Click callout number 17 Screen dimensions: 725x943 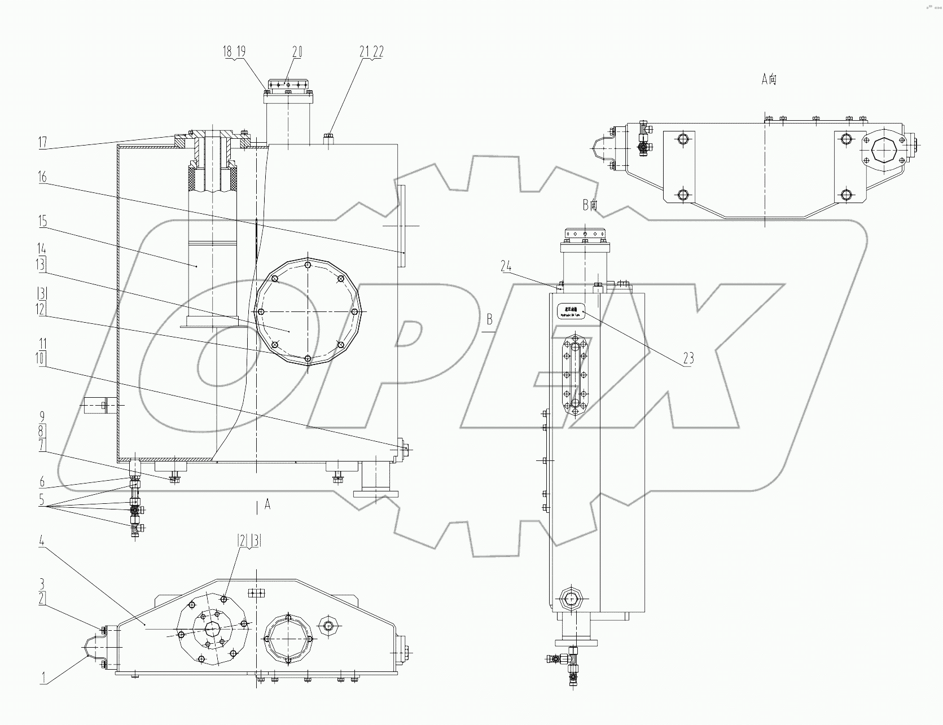(x=42, y=142)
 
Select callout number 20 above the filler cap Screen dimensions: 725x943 (x=297, y=52)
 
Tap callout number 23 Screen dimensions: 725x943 (x=688, y=358)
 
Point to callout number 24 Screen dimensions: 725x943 (x=506, y=266)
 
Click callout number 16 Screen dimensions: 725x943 (x=42, y=178)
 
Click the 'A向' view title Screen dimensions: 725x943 (x=769, y=80)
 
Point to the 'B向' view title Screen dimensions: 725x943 (x=590, y=205)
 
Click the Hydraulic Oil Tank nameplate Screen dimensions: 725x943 (x=571, y=310)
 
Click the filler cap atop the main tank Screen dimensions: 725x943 (x=288, y=87)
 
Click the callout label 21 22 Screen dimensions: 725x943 (x=371, y=52)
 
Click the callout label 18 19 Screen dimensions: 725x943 (x=234, y=52)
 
